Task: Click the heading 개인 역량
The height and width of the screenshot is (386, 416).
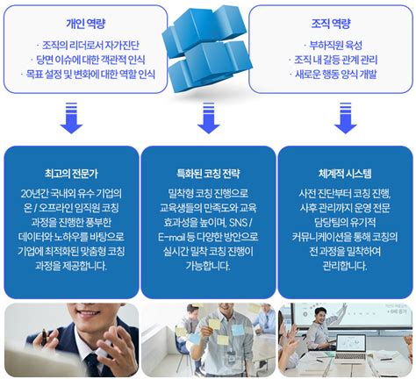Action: pyautogui.click(x=71, y=23)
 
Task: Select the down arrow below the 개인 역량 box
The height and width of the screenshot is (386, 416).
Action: pyautogui.click(x=71, y=117)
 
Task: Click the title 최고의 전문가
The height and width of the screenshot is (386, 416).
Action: pyautogui.click(x=71, y=173)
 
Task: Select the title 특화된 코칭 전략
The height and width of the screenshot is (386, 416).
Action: pyautogui.click(x=208, y=173)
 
